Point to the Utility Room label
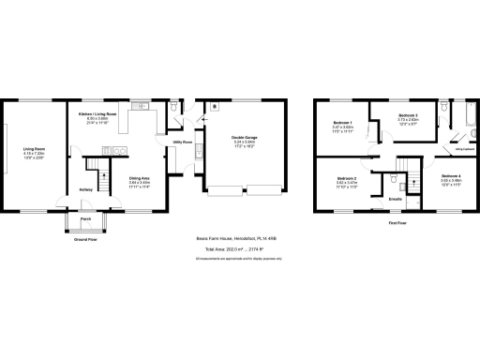click(x=182, y=142)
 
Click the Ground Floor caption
click(x=85, y=239)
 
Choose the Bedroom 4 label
click(x=450, y=175)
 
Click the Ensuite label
click(x=396, y=199)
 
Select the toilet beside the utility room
click(x=179, y=109)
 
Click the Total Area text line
click(x=239, y=249)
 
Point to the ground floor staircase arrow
click(x=93, y=172)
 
